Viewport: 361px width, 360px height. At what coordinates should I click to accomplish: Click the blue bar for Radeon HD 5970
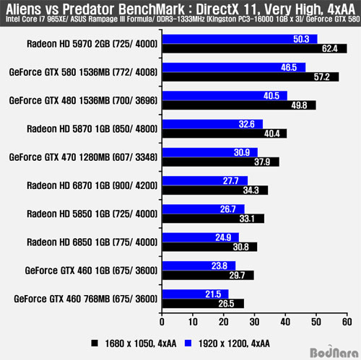click(240, 39)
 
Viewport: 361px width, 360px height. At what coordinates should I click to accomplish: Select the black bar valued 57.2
click(251, 77)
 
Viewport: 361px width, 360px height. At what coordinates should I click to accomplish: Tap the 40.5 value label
click(271, 96)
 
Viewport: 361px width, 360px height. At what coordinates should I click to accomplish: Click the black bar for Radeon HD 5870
click(225, 133)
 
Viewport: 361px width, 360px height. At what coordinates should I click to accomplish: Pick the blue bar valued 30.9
click(210, 152)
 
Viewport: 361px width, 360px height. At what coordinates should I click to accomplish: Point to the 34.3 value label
click(251, 190)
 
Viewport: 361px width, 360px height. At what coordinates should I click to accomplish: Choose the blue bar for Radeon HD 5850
click(204, 209)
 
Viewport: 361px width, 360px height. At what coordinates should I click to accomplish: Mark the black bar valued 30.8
click(210, 247)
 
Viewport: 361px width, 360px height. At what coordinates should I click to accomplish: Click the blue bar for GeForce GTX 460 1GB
click(199, 265)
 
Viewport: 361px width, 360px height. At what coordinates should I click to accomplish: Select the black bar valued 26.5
click(204, 304)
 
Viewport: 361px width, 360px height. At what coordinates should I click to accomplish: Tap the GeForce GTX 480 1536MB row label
click(83, 100)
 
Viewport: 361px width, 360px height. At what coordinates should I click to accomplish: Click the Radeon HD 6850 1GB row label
click(92, 242)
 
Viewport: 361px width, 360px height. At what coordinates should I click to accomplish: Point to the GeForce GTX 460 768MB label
click(86, 299)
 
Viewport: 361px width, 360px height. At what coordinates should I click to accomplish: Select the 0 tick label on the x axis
click(162, 322)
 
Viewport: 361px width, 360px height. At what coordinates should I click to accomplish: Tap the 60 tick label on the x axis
click(347, 322)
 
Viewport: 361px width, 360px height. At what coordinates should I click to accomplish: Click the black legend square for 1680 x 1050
click(95, 343)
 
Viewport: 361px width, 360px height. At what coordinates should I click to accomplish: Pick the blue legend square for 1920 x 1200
click(188, 343)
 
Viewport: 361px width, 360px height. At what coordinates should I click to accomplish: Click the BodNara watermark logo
click(334, 351)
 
